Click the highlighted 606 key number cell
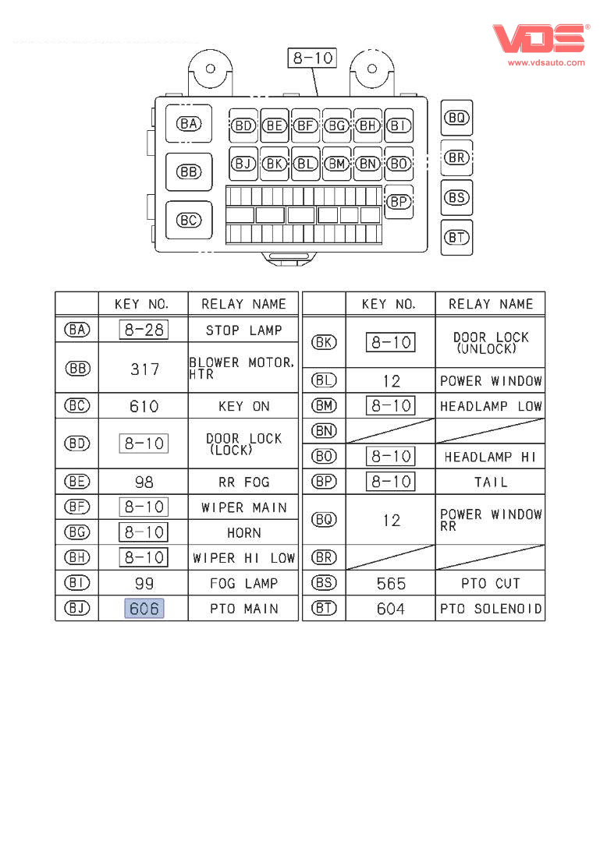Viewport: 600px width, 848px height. pyautogui.click(x=144, y=608)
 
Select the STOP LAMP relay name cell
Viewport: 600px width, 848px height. pyautogui.click(x=243, y=330)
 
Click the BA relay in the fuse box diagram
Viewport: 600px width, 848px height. pyautogui.click(x=189, y=124)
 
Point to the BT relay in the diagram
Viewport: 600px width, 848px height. pyautogui.click(x=456, y=238)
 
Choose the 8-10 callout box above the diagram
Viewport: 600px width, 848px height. pyautogui.click(x=312, y=58)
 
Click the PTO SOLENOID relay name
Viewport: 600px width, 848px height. pyautogui.click(x=491, y=608)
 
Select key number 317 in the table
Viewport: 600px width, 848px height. pyautogui.click(x=144, y=369)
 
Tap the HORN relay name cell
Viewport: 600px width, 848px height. pyautogui.click(x=243, y=533)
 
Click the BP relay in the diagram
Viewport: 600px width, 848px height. pyautogui.click(x=399, y=201)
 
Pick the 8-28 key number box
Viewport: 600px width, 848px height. pyautogui.click(x=144, y=330)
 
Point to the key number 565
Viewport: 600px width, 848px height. pyautogui.click(x=391, y=583)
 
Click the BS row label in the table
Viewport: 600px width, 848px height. pyautogui.click(x=324, y=583)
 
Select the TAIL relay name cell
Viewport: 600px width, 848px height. pyautogui.click(x=491, y=482)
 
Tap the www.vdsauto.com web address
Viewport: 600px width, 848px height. pyautogui.click(x=546, y=62)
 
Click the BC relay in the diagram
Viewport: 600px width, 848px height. pyautogui.click(x=189, y=221)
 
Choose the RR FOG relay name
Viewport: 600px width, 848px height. pyautogui.click(x=243, y=482)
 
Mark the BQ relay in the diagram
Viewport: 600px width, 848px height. pyautogui.click(x=456, y=118)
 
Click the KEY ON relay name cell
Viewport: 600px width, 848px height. pyautogui.click(x=243, y=406)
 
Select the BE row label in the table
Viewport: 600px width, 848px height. pyautogui.click(x=76, y=482)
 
